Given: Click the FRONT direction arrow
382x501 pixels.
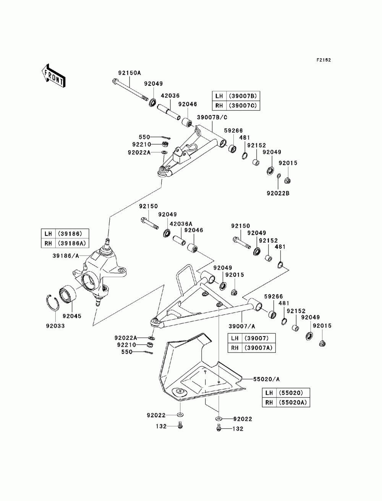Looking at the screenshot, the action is coord(53,75).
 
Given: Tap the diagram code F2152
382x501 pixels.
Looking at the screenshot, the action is coord(324,60).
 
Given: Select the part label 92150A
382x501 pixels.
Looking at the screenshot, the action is coord(129,73).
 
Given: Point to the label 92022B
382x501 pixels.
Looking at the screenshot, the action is coord(278,193).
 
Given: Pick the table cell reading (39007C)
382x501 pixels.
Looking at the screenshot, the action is coord(243,106).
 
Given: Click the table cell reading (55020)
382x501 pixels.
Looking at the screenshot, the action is coord(293,393).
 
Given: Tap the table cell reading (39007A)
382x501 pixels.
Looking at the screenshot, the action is coord(259,348).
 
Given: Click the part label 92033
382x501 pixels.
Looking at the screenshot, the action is coord(55,326).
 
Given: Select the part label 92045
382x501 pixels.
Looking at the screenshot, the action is coord(72,316).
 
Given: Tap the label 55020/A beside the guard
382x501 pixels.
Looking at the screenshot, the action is coord(266,379).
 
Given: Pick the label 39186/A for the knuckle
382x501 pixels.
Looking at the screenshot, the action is coord(66,256).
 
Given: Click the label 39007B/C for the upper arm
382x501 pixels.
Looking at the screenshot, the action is coord(212,117).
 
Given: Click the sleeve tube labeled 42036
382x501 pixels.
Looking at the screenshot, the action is coord(168,112).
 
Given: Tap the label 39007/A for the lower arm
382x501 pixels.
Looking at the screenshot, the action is coord(242,326).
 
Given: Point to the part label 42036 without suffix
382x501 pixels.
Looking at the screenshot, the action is coord(170,95).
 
